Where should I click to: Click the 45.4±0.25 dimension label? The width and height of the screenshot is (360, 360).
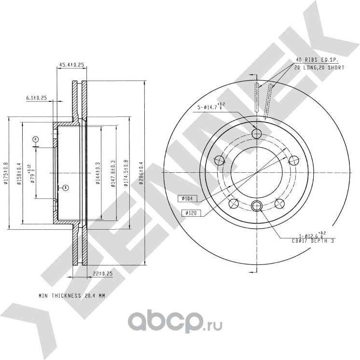tap(71, 64)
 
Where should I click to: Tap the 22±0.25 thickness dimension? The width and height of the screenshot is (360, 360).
tap(102, 274)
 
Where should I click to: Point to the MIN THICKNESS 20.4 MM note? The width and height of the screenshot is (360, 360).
tap(72, 294)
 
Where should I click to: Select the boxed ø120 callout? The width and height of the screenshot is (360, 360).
tap(191, 212)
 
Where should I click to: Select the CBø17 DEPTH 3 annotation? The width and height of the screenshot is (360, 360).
tap(313, 240)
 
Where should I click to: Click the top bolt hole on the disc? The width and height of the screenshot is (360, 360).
tap(257, 133)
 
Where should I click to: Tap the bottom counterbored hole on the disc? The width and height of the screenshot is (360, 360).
tap(257, 207)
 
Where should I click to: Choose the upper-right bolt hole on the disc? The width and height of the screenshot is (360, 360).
tap(293, 160)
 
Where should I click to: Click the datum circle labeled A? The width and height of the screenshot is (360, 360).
tap(35, 139)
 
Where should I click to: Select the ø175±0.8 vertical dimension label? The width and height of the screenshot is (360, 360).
tap(6, 172)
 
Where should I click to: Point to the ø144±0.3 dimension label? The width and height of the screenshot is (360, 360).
tap(98, 172)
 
